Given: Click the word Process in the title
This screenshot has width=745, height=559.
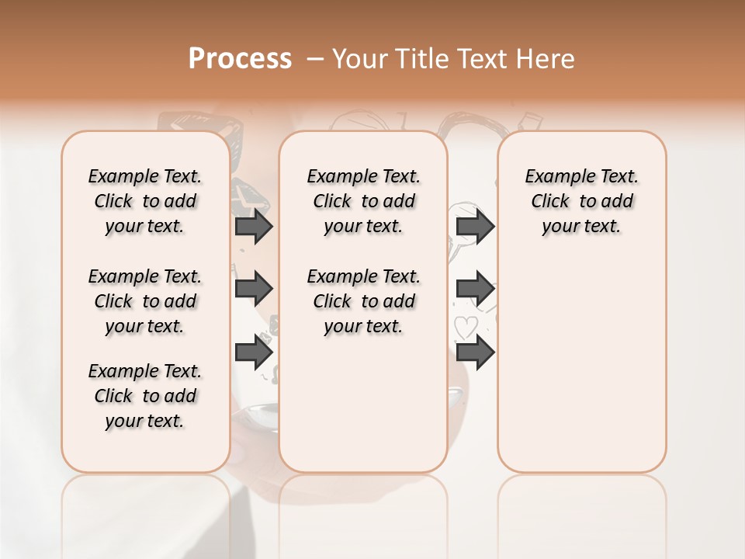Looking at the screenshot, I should point(240,59).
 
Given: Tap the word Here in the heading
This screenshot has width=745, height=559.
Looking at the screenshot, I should point(546,59).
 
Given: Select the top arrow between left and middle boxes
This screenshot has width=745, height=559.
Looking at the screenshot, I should point(254,227).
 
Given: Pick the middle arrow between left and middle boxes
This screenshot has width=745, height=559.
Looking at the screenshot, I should point(254,289).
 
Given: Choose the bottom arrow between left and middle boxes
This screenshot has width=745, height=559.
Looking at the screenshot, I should point(254,352).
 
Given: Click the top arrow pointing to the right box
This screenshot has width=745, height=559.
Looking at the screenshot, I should point(475,227).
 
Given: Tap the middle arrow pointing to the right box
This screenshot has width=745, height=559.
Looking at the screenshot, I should point(475,289).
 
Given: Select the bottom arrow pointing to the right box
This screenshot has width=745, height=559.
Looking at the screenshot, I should point(475,352).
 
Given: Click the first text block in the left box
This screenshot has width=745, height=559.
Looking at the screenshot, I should point(145,201).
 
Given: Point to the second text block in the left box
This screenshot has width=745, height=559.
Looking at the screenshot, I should point(145,301).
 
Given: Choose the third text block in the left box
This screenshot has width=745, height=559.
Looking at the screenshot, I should point(145,396).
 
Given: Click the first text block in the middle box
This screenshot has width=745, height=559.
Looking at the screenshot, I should point(363,201).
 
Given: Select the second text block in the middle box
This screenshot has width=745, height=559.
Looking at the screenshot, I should point(363,301).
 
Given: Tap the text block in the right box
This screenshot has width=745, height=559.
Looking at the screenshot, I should point(581,201).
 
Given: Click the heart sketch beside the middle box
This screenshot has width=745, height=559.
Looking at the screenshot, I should point(465,328).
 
